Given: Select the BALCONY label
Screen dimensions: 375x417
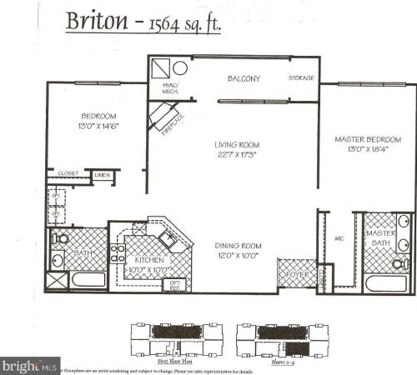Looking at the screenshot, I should pos(245,79).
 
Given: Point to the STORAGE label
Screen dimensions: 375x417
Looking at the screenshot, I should pos(302,78).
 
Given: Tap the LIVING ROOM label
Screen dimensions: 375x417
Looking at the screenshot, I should pos(232,144).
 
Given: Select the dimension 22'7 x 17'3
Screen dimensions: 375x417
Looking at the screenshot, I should pos(232,154).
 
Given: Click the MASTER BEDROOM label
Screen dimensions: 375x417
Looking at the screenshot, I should pos(368,138).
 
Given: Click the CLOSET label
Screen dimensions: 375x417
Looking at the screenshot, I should pos(68,173).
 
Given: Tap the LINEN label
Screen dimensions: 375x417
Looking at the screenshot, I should pos(102,175).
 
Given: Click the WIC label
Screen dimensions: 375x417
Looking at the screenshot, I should pos(339,238).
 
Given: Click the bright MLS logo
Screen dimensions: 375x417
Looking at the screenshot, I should pos(30,365).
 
